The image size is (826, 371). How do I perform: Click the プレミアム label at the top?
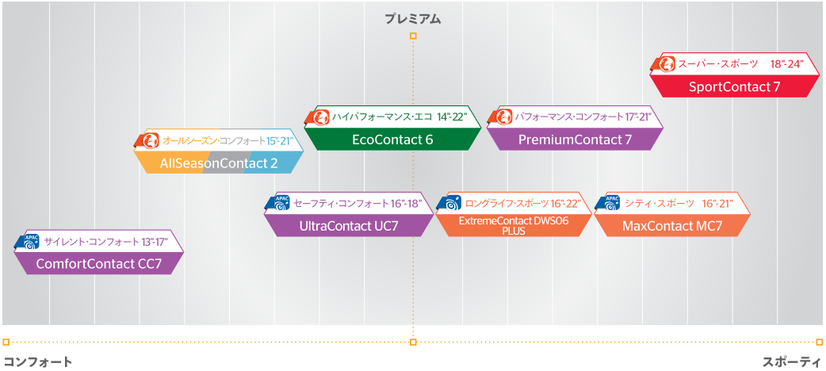click(x=412, y=18)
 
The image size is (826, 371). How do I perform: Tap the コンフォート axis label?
click(x=38, y=361)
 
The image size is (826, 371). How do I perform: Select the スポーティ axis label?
click(x=791, y=361)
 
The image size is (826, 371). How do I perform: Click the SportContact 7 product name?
click(x=734, y=86)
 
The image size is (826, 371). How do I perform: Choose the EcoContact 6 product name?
click(x=392, y=140)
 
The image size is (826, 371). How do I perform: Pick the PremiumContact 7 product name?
click(x=575, y=140)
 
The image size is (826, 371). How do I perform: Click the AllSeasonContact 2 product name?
click(x=219, y=163)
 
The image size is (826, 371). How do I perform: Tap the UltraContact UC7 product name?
click(x=349, y=226)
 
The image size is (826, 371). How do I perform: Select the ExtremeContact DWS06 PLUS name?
click(x=513, y=226)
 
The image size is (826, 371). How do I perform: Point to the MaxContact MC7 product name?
click(x=672, y=226)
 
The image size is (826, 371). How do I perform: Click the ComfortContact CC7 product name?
click(x=99, y=264)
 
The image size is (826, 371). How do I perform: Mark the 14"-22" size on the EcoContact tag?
click(x=452, y=117)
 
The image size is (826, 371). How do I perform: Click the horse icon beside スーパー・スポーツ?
click(x=667, y=63)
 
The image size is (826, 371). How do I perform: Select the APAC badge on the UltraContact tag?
click(x=280, y=203)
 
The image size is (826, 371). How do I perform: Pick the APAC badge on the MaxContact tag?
click(x=611, y=203)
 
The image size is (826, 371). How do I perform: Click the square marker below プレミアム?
click(x=412, y=36)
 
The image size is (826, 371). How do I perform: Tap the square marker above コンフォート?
click(x=6, y=342)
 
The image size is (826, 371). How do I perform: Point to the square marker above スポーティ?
click(x=819, y=342)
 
